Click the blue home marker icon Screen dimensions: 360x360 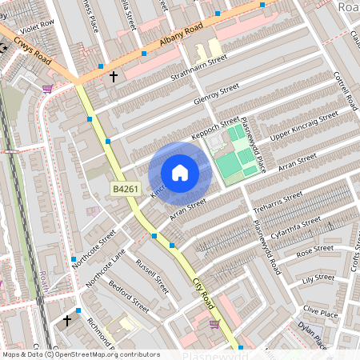point(180,173)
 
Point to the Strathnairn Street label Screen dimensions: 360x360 point(199,70)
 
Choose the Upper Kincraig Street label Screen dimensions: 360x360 point(299,125)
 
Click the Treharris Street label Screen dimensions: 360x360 point(278,201)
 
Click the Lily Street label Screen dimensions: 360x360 point(318,279)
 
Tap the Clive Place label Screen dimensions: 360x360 point(322,311)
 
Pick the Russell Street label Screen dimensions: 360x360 point(152,275)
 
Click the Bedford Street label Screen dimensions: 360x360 point(129,296)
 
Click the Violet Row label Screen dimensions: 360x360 point(39,24)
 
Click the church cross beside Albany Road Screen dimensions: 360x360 point(114,77)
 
